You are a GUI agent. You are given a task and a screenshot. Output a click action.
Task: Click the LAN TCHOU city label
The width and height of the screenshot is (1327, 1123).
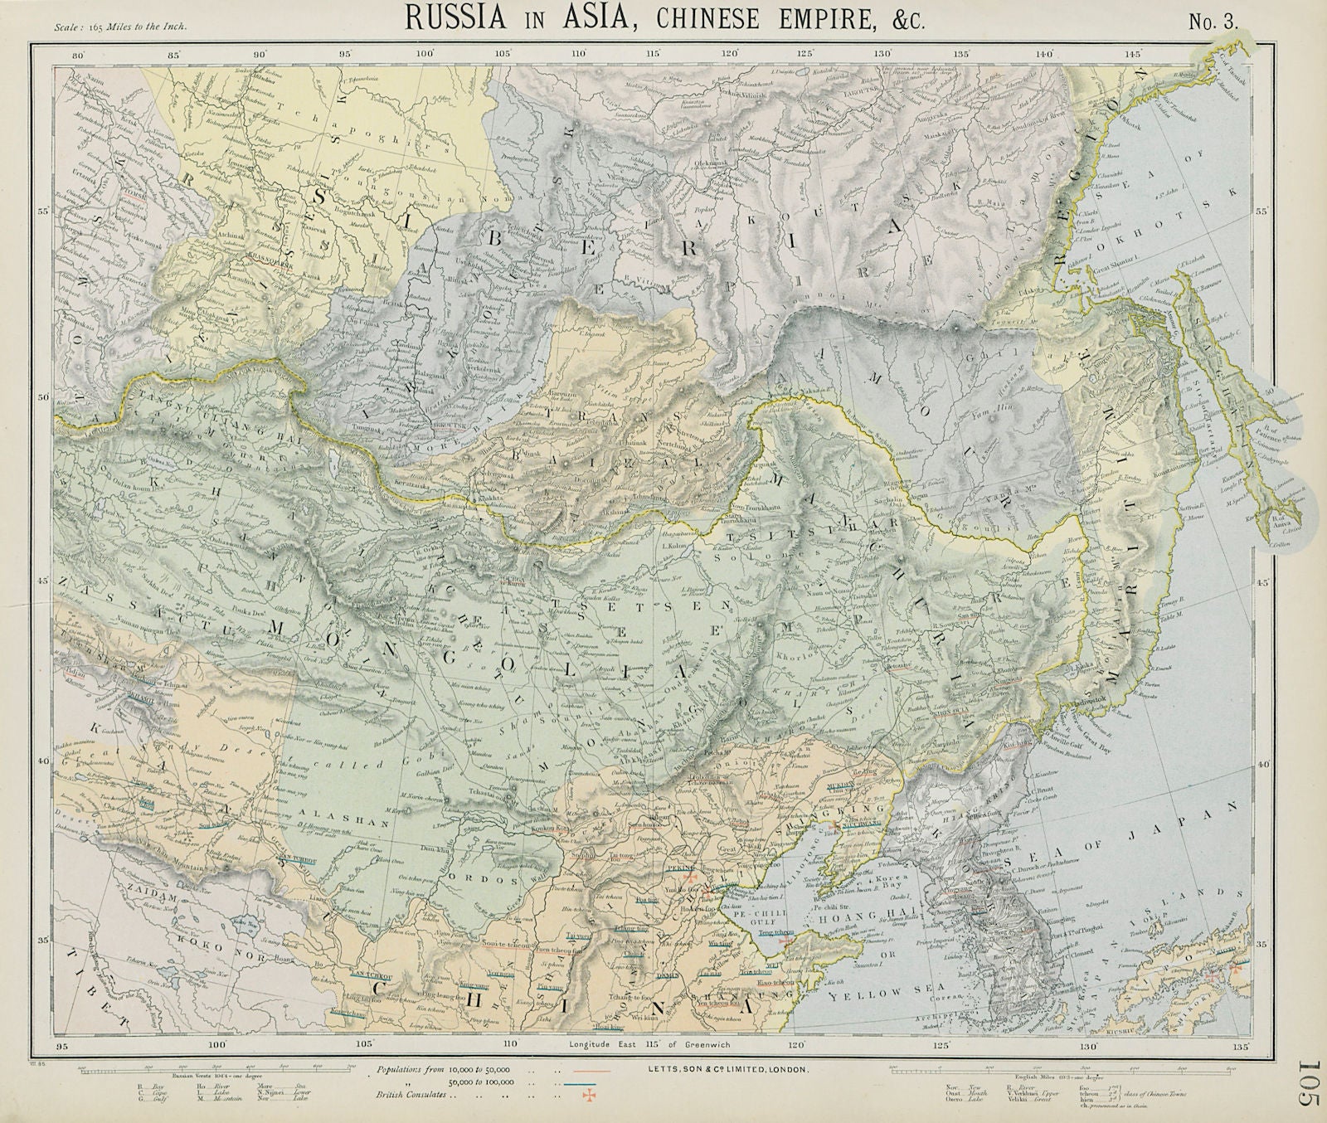tap(372, 975)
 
